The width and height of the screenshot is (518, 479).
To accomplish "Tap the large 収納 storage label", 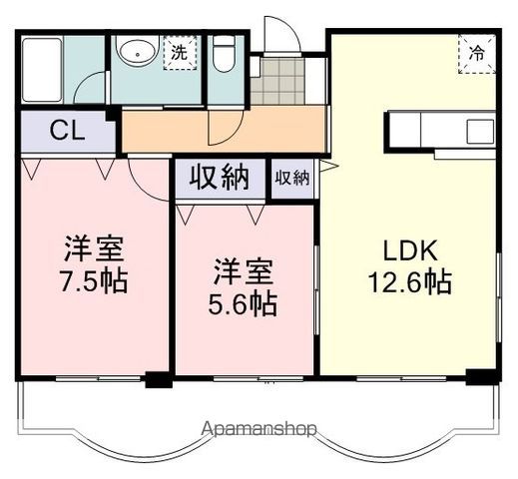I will point(221,179).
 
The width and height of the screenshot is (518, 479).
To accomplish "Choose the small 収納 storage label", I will point(292,179).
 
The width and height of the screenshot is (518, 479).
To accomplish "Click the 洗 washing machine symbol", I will point(179,52).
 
